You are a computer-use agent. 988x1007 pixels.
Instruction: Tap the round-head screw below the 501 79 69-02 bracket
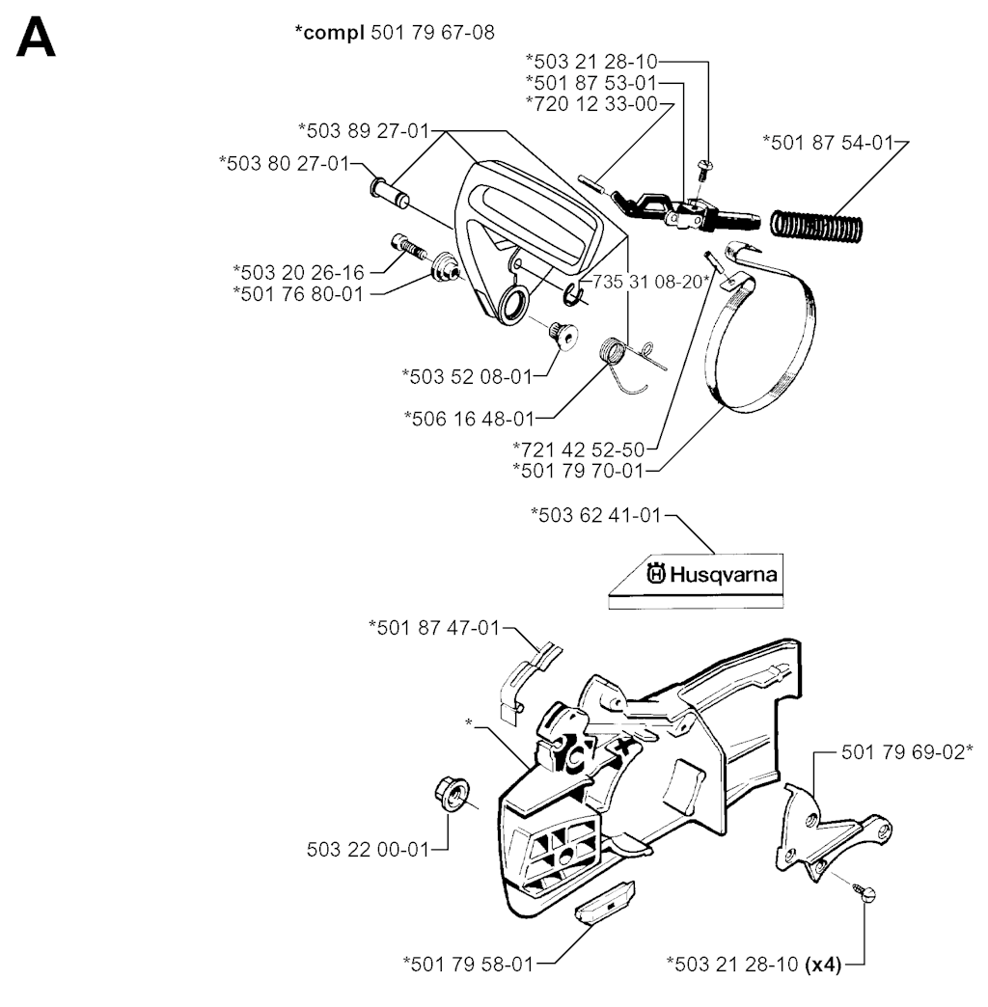(x=861, y=892)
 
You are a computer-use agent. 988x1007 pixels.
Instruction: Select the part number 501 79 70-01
(x=578, y=471)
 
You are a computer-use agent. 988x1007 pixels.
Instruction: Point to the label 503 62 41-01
(x=595, y=516)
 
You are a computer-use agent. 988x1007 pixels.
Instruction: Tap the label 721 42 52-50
(x=578, y=449)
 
